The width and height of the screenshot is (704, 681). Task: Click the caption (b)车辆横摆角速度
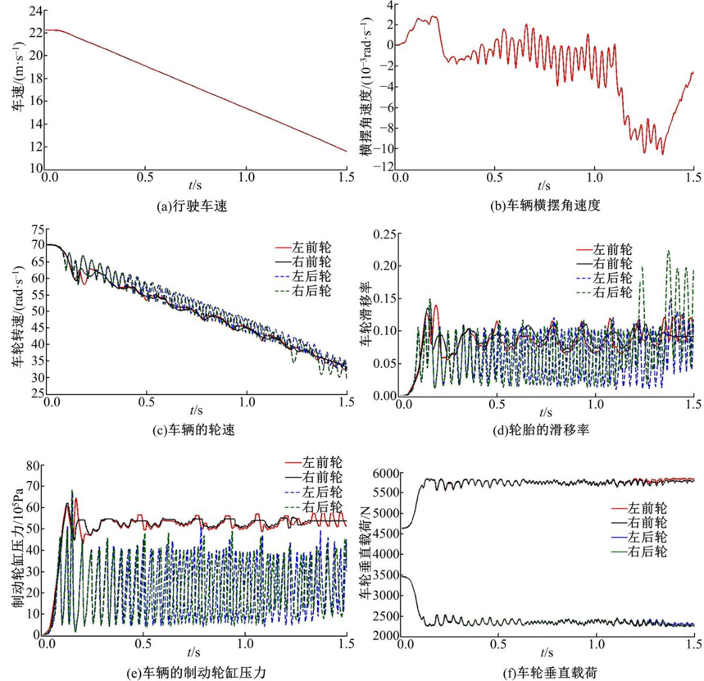(x=546, y=207)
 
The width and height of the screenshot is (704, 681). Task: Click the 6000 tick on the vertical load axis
(x=385, y=473)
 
